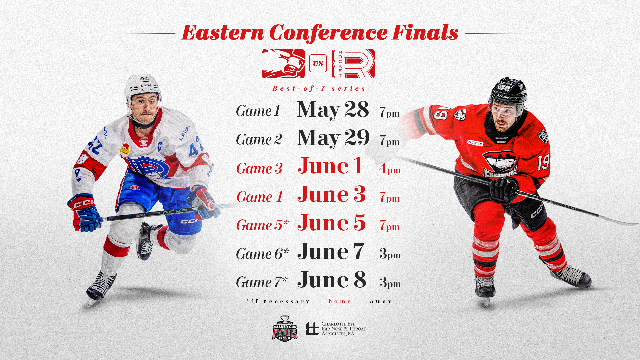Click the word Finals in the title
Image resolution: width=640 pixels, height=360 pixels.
coord(425,33)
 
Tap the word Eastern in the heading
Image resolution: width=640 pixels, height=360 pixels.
coord(223,33)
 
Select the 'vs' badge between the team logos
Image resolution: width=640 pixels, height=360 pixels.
coord(318,63)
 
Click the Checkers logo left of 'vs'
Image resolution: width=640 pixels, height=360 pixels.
coord(283,64)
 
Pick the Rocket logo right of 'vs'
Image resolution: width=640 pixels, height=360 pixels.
coord(353,64)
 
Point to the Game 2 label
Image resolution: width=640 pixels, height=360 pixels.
coord(259,140)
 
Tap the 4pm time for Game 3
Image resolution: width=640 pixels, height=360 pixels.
coord(390,169)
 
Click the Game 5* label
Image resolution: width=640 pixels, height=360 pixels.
coord(263,225)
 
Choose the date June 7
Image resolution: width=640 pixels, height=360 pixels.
coord(331,251)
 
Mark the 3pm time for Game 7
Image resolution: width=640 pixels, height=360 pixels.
coord(390,282)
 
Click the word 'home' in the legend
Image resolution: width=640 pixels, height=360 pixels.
coord(340,301)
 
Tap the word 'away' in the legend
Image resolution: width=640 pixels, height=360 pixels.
coord(381,301)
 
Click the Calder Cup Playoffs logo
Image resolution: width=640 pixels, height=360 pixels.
coord(285,329)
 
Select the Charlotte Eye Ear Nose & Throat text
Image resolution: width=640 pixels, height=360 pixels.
coord(344,329)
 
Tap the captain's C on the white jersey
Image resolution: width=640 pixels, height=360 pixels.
coord(160,146)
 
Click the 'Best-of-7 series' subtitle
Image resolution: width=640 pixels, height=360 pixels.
coord(319,88)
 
